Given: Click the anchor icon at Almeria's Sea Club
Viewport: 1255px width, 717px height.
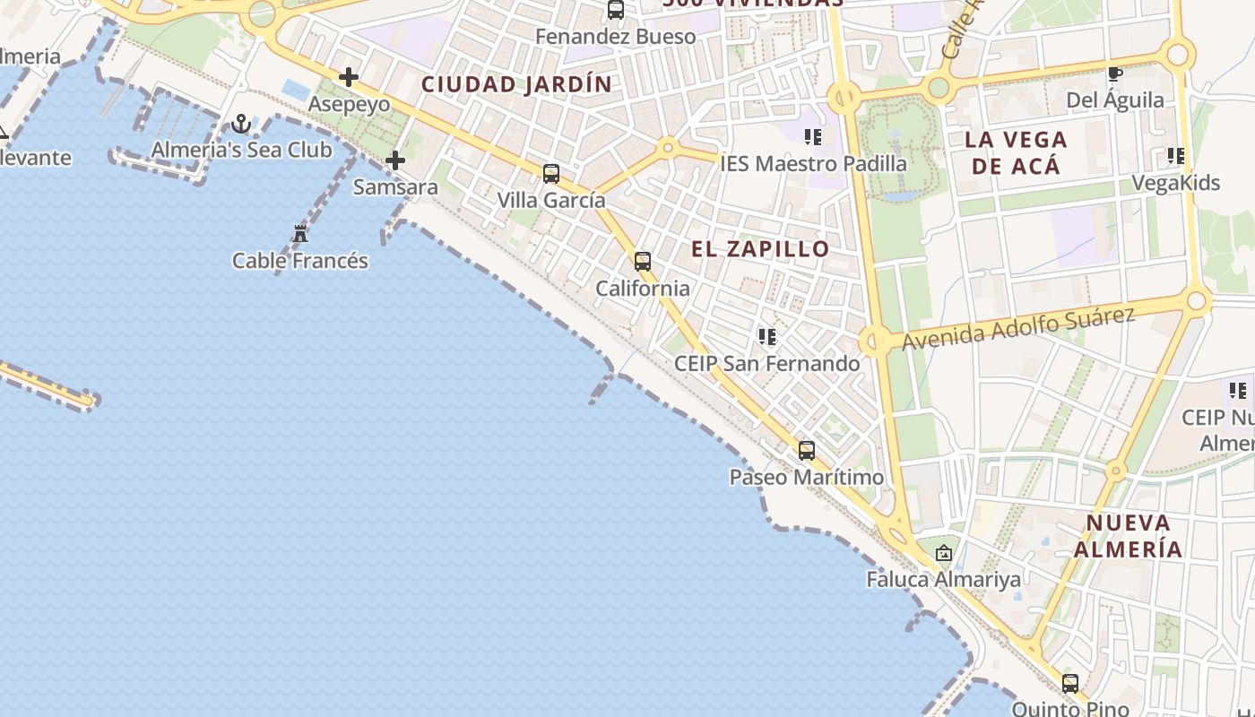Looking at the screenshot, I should click(240, 124).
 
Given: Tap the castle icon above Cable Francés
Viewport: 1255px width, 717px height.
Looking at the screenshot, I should click(300, 235).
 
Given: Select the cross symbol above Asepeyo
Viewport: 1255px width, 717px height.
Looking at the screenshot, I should click(349, 78).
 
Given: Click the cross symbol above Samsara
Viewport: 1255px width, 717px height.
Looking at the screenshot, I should click(395, 161).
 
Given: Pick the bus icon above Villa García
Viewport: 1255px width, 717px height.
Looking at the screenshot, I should click(551, 174).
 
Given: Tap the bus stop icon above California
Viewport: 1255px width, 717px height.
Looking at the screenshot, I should click(643, 262).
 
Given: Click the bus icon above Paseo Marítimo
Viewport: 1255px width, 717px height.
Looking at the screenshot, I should click(807, 451).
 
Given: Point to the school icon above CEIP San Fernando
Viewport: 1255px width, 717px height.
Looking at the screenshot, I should click(766, 337).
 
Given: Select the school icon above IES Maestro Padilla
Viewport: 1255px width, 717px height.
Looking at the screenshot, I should click(813, 137).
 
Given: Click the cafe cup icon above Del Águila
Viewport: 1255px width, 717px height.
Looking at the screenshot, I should click(1114, 73).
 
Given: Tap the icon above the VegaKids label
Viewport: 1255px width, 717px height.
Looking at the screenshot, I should click(1176, 157).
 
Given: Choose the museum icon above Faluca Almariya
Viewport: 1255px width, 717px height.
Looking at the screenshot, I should click(943, 553).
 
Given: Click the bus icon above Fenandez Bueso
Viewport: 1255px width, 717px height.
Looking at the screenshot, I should click(616, 11).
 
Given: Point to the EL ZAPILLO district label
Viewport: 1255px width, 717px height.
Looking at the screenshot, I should click(760, 249).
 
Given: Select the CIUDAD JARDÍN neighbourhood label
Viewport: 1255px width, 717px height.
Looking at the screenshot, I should click(517, 85).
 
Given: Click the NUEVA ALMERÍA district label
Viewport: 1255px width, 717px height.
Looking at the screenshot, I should click(1129, 536).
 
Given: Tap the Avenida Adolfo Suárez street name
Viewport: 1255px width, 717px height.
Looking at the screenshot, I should click(1018, 329).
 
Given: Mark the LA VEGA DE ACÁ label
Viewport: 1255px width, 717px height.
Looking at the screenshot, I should click(1016, 152).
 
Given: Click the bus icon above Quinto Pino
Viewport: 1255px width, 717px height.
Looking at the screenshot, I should click(1070, 684).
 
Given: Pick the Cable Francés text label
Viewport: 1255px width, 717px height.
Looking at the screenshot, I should click(300, 261).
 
